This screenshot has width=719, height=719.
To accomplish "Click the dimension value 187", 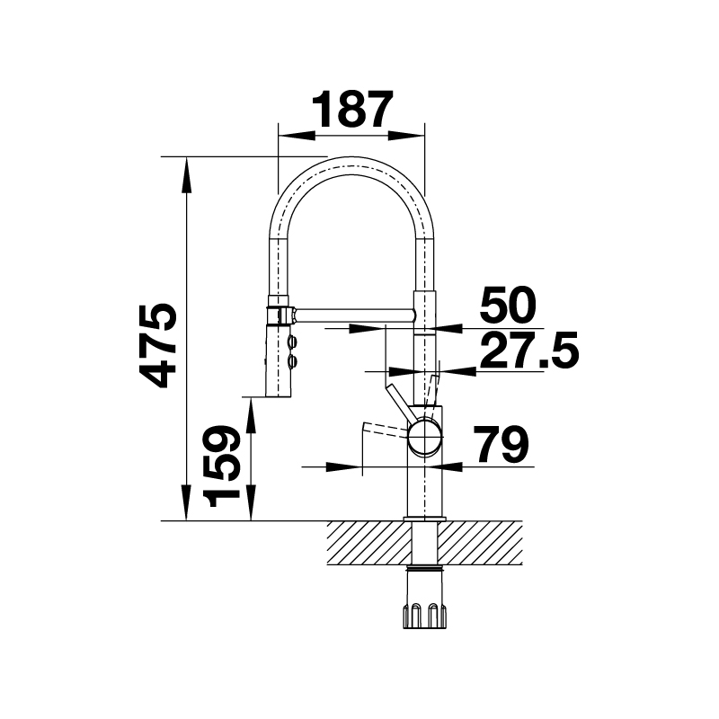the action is pyautogui.click(x=352, y=109).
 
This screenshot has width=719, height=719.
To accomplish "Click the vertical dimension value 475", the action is pyautogui.click(x=158, y=346).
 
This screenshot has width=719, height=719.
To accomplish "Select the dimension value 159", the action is pyautogui.click(x=222, y=466).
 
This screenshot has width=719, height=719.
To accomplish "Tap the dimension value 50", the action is pyautogui.click(x=508, y=305).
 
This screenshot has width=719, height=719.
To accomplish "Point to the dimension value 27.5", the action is pyautogui.click(x=529, y=351).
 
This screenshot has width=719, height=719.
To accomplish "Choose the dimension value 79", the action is pyautogui.click(x=501, y=444).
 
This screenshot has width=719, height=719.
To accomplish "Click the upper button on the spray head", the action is pyautogui.click(x=292, y=342).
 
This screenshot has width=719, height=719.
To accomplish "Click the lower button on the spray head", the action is pyautogui.click(x=292, y=362).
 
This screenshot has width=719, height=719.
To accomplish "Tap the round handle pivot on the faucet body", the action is pyautogui.click(x=425, y=437).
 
